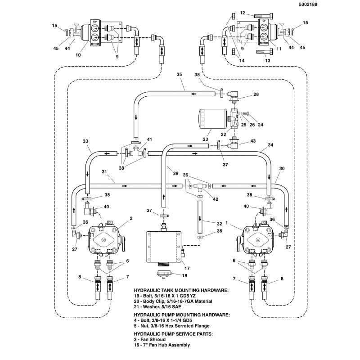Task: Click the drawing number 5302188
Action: (308, 4)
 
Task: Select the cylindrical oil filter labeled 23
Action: (212, 118)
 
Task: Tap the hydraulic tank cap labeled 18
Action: (164, 274)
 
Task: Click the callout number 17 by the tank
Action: (187, 268)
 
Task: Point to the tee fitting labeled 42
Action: (199, 186)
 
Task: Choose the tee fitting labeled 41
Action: (136, 152)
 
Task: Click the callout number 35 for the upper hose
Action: (179, 74)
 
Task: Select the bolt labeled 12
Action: (263, 16)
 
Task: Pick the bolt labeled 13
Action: (265, 52)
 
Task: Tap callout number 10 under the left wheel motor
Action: (78, 55)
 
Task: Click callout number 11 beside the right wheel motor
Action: (279, 49)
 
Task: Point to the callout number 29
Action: (175, 173)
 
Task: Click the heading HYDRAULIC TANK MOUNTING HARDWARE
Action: (181, 290)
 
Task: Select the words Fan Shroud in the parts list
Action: (153, 339)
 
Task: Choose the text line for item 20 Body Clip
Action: (173, 301)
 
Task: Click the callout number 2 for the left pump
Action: (131, 218)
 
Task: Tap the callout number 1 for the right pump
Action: (227, 223)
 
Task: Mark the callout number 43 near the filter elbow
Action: (253, 141)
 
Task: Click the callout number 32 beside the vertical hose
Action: (220, 224)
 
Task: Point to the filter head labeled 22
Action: (234, 118)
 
